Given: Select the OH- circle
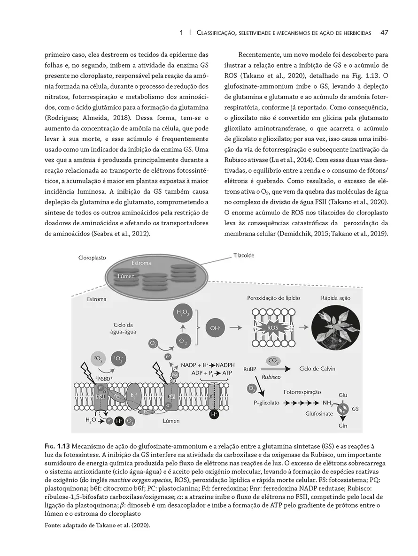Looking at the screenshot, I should (215, 328).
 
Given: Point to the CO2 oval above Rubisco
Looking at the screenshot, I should (273, 361).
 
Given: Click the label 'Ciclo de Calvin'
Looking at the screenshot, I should (317, 369).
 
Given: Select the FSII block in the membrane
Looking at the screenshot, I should (101, 396).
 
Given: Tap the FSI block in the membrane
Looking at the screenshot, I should (171, 397).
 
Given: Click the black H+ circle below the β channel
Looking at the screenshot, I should (214, 415).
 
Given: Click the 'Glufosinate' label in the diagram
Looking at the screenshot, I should (319, 414).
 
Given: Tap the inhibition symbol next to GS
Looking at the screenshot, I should (343, 409).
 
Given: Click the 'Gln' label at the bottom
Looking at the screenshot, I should (342, 426).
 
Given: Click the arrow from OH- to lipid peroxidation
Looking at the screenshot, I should (238, 328).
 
